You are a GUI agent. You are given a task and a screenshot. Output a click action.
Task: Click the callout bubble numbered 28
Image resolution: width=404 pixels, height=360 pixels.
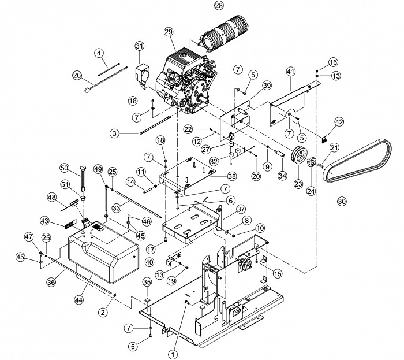tap(219, 5)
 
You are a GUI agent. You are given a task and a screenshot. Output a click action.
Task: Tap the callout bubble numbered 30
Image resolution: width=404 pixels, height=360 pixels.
tap(342, 201)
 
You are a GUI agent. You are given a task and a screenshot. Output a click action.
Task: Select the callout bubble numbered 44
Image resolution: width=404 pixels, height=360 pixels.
tap(79, 300)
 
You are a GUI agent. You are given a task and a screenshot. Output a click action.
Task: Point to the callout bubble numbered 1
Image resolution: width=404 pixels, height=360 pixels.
tap(173, 355)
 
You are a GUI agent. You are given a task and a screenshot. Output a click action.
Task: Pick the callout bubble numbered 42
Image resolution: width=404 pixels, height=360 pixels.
tap(339, 122)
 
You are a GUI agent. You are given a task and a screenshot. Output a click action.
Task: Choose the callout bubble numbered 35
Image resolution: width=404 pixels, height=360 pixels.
tap(147, 282)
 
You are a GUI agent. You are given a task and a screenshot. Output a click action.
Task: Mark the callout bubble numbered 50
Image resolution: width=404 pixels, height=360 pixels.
tap(65, 168)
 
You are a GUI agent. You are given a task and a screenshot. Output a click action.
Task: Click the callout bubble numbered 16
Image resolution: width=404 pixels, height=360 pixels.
tap(333, 62)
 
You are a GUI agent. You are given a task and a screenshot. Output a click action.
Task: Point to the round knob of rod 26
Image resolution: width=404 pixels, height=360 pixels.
tap(87, 90)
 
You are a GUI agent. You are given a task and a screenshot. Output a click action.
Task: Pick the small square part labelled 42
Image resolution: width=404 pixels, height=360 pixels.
tap(325, 139)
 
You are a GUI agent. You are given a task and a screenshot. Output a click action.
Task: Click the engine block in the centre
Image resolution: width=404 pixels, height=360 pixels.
tap(186, 83)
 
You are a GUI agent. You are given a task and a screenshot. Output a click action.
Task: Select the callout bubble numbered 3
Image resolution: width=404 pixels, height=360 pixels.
tap(115, 133)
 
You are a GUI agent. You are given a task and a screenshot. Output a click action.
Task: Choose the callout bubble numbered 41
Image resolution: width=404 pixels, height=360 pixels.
tap(291, 72)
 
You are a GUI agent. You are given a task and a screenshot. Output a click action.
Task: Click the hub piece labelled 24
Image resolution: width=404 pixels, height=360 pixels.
tap(311, 163)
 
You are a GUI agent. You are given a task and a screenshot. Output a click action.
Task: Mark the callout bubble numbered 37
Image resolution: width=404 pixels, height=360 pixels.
tap(241, 209)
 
